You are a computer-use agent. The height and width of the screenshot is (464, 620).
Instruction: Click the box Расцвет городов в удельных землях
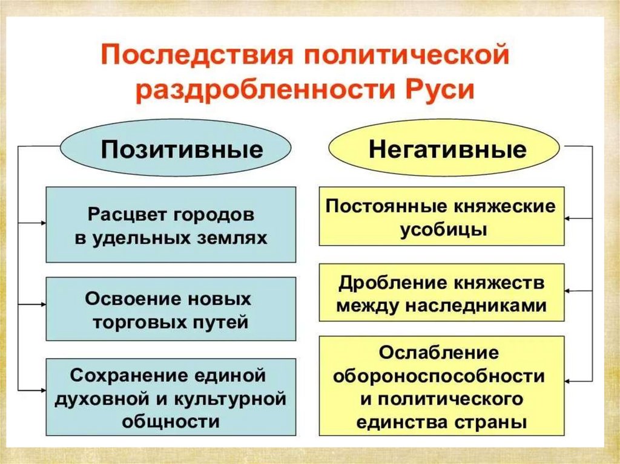(171, 224)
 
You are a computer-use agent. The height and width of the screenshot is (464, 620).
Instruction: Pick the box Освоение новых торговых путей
(171, 309)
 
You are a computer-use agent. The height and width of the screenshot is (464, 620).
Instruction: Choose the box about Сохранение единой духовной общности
(171, 397)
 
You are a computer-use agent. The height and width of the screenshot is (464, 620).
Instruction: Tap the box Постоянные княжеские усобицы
(441, 216)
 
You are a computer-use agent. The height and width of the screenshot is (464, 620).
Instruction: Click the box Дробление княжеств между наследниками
(441, 292)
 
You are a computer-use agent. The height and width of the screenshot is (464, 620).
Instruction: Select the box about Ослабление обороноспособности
(441, 386)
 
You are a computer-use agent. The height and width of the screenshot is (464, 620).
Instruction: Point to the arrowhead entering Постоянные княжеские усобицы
(569, 216)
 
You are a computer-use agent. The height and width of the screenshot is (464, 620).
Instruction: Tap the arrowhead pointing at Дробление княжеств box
(569, 292)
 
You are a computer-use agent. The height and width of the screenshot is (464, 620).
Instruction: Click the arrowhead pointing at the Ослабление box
(569, 381)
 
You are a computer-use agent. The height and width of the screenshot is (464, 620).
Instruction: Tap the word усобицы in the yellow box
(443, 230)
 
